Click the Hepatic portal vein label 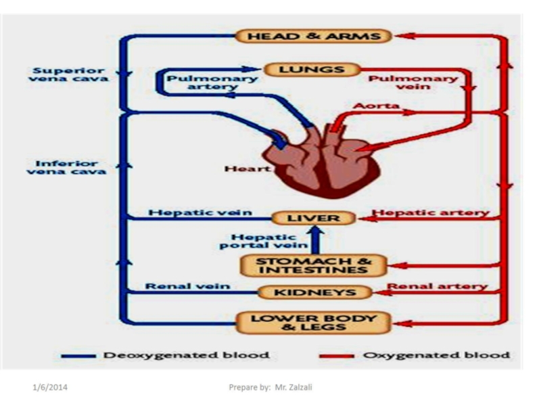(x=262, y=241)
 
